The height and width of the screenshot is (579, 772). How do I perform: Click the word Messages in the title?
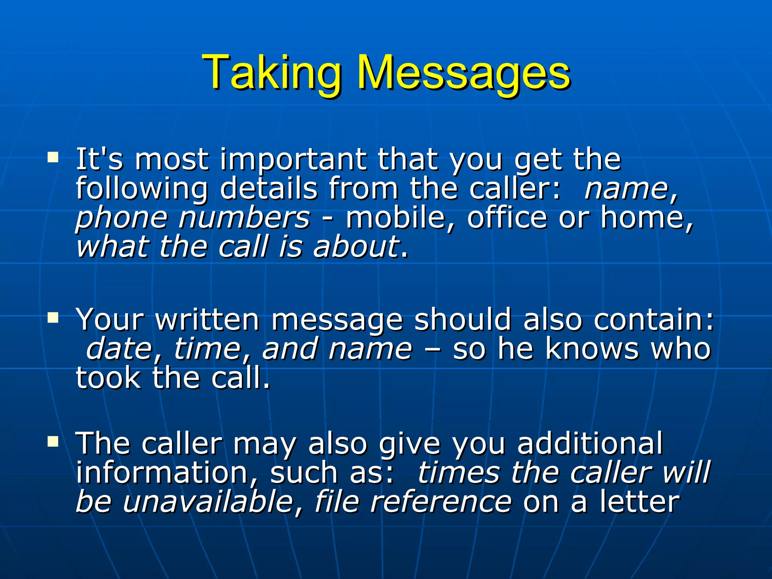click(x=464, y=72)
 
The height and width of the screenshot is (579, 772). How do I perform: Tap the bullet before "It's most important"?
click(x=53, y=157)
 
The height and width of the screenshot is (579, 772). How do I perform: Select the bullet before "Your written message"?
click(x=53, y=317)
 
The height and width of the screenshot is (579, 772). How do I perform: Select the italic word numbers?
click(x=244, y=218)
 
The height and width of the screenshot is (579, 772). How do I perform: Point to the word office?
click(x=507, y=218)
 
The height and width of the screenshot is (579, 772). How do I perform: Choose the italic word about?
click(x=356, y=247)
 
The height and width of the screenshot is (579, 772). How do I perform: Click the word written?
click(x=207, y=320)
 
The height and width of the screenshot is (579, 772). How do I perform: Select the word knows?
click(x=592, y=349)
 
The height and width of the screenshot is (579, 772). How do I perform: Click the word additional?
click(x=590, y=444)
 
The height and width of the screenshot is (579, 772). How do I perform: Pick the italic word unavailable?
click(x=208, y=502)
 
